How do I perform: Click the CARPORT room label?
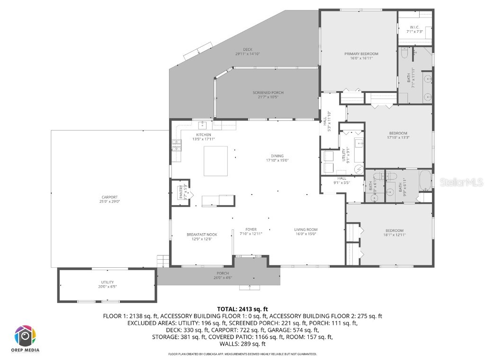(109, 197)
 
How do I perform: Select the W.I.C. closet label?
(414, 27)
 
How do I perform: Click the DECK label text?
(248, 49)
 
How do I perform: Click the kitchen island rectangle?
(216, 161)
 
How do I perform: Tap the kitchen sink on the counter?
(203, 125)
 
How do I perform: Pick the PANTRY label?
(180, 191)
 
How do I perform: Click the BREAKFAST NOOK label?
(202, 234)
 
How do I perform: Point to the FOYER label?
(251, 230)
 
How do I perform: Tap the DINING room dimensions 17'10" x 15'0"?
(277, 161)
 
